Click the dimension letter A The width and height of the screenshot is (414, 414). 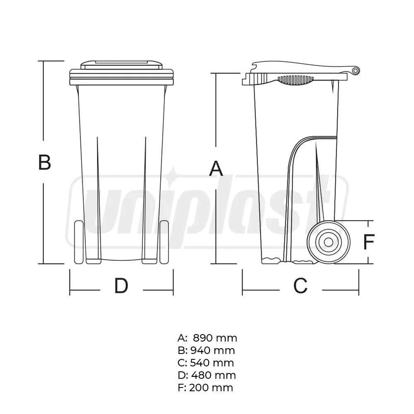[217, 169]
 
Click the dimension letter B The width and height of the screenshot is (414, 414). [44, 162]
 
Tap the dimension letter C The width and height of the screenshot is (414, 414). [300, 285]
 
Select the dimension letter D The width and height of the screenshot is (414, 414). [121, 286]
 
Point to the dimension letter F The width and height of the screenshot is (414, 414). [368, 242]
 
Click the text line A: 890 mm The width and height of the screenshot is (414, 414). [207, 338]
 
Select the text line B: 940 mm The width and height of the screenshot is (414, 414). [206, 351]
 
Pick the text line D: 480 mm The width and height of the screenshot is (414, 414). [206, 375]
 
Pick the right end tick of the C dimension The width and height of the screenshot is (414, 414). [359, 283]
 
